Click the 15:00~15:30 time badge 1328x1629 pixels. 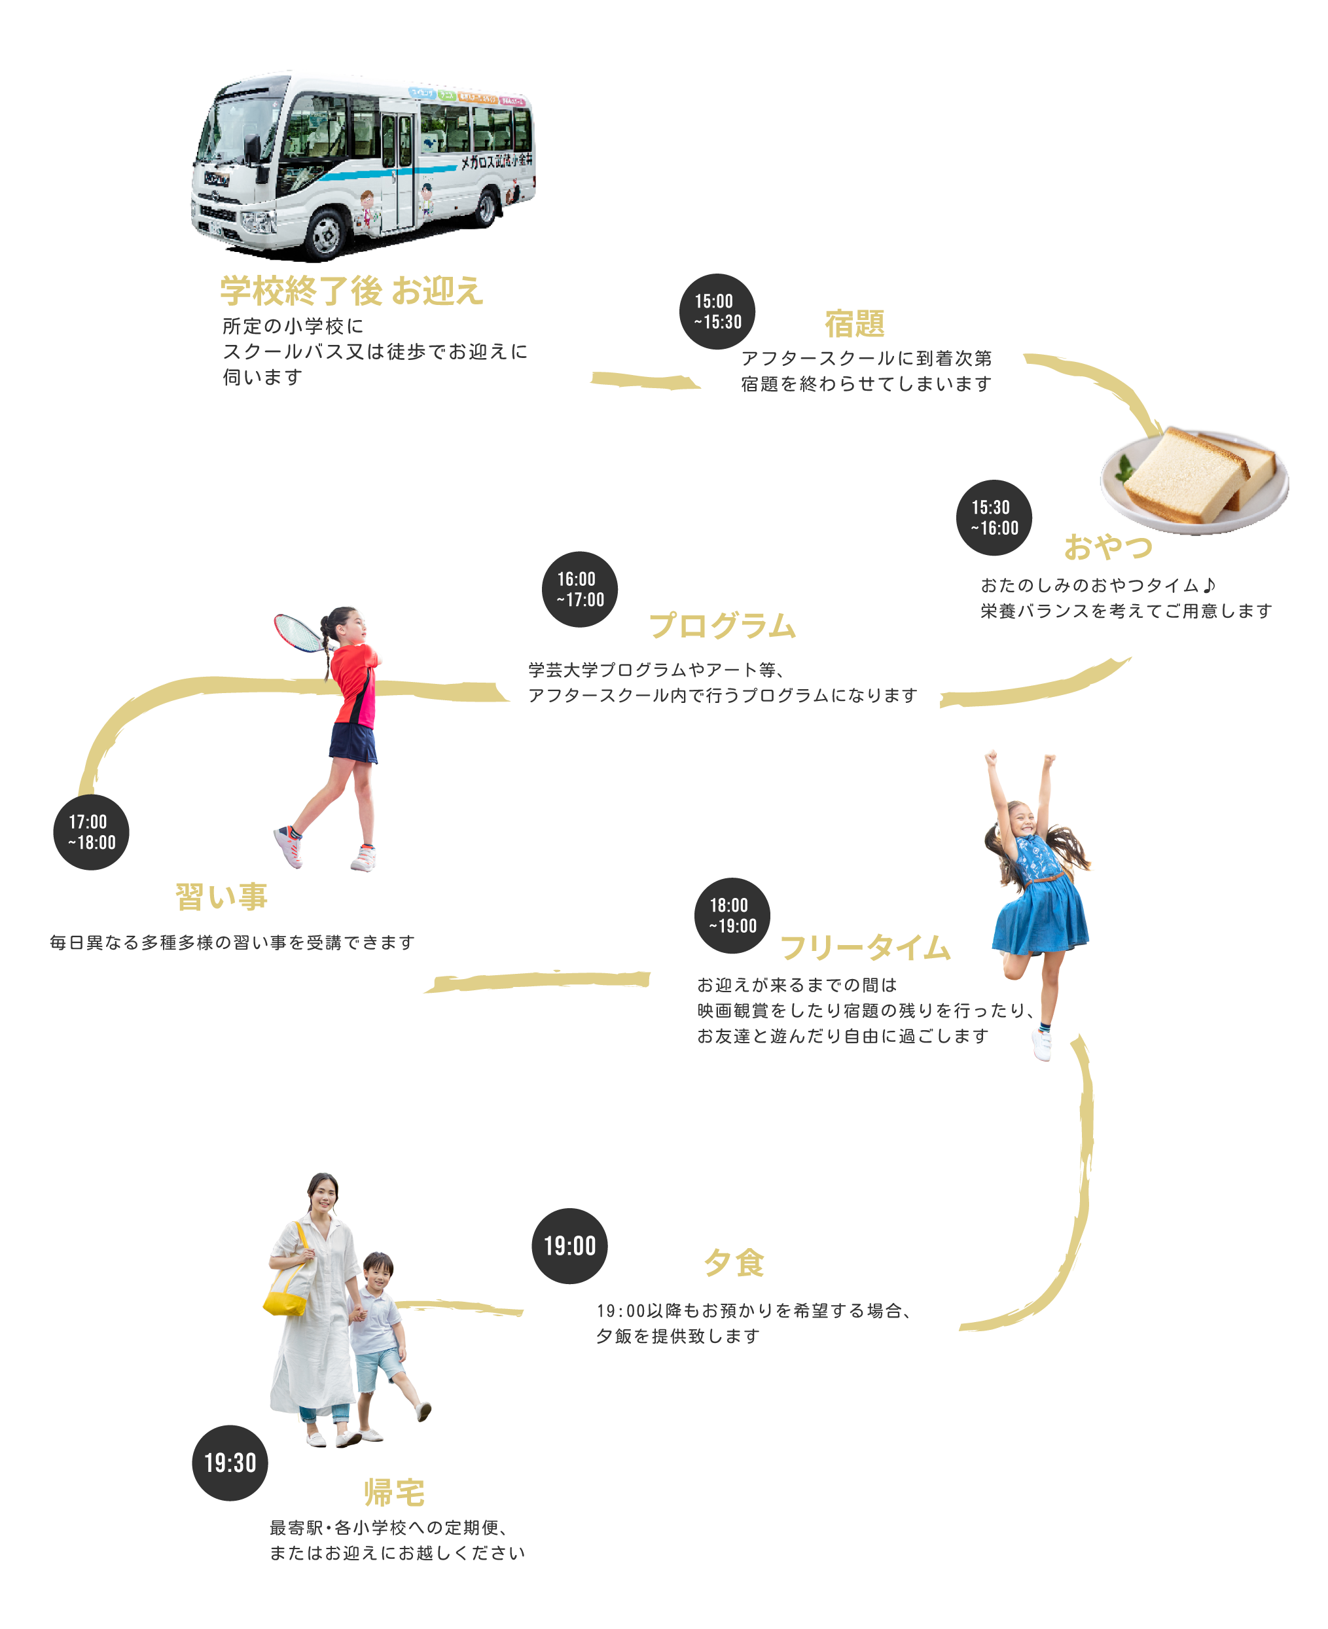[717, 312]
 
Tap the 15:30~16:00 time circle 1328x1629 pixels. [994, 518]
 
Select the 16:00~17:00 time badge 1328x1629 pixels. [580, 589]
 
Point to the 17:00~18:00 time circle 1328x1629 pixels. [91, 832]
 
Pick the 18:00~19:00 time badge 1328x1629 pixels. [732, 916]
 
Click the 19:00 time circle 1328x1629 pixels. [570, 1246]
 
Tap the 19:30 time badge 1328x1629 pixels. [230, 1462]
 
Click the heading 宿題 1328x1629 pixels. [855, 323]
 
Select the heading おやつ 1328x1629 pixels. [1107, 548]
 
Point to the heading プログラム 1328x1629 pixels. [723, 626]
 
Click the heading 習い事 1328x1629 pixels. [221, 897]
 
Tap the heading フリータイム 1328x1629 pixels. [865, 948]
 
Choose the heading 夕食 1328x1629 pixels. [734, 1262]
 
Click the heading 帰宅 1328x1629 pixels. [394, 1492]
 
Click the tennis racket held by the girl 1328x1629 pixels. [298, 632]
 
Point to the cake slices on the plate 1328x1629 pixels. [1197, 476]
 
